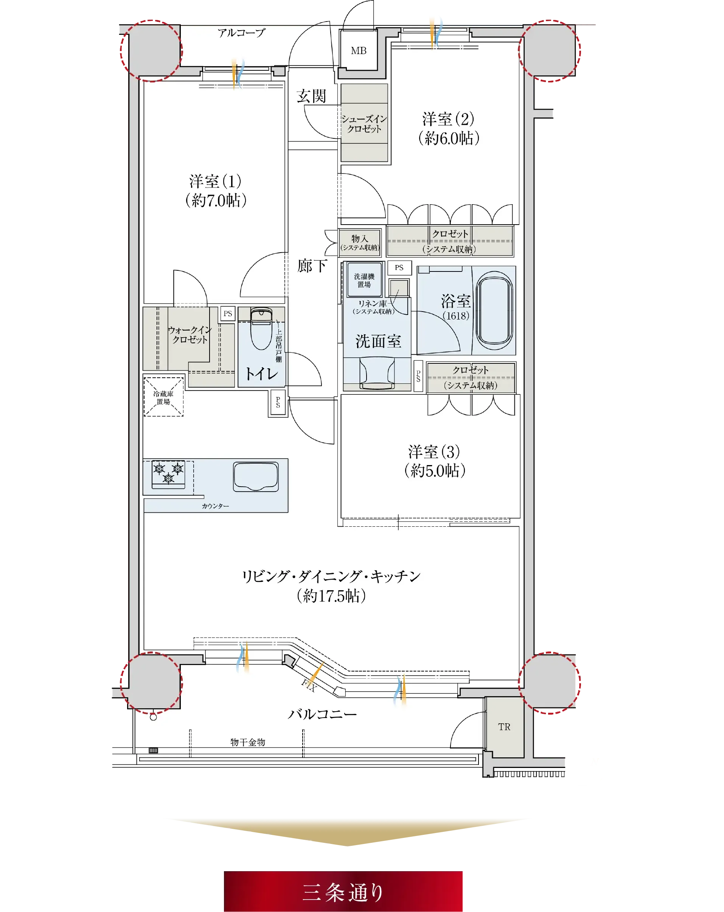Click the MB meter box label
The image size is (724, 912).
[358, 51]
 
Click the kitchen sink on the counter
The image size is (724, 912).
[256, 477]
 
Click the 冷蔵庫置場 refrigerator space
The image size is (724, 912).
[163, 397]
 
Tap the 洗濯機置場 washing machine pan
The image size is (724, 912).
[364, 279]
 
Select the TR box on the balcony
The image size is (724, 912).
[504, 727]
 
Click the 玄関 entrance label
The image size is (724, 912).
[311, 96]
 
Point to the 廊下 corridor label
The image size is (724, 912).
[312, 266]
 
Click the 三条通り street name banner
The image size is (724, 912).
[343, 892]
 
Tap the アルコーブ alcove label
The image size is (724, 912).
[241, 33]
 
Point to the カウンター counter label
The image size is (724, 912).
[215, 506]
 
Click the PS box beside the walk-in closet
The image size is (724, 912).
[228, 313]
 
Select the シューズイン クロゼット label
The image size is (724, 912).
[364, 124]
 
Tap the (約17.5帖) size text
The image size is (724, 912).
[331, 596]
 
